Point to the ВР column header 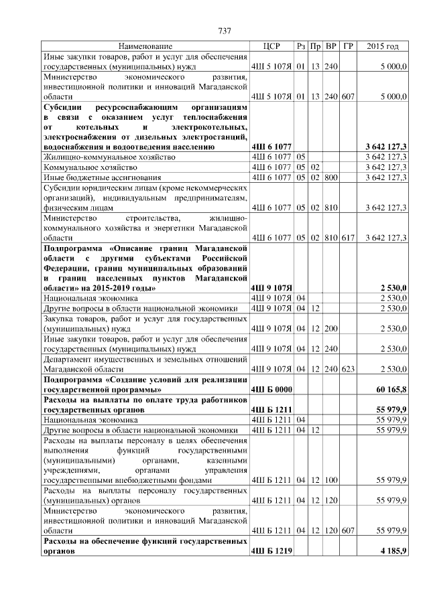click(331, 46)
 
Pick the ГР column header click(348, 46)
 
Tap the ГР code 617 click(347, 237)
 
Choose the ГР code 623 click(347, 368)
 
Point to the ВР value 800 click(331, 177)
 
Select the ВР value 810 click(331, 208)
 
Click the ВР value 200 click(331, 329)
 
